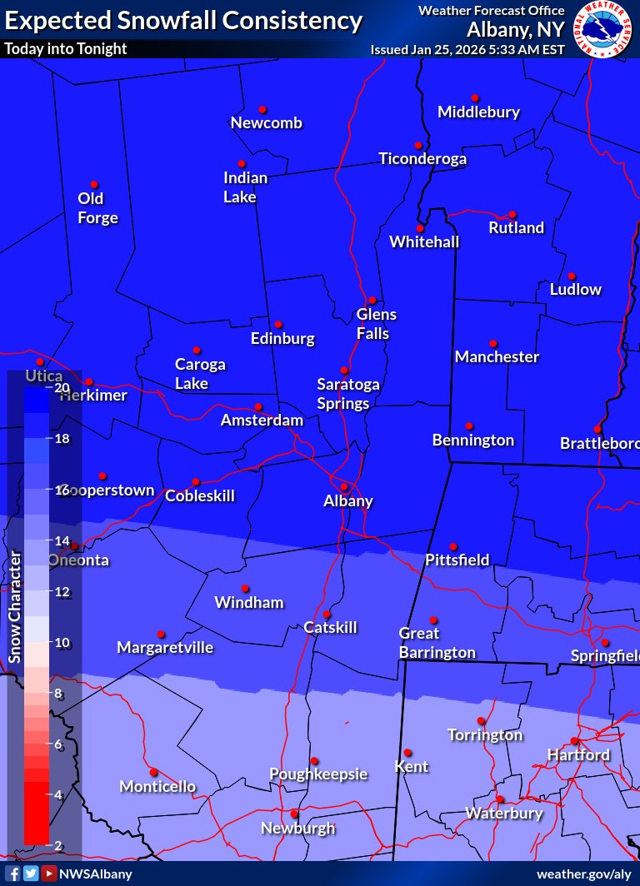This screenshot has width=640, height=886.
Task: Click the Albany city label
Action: click(x=348, y=501)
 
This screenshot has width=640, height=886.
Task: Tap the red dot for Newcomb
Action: click(x=262, y=110)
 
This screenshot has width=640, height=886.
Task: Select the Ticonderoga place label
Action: click(x=422, y=158)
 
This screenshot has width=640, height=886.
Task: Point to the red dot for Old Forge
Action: click(x=94, y=185)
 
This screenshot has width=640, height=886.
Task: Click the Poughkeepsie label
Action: click(x=318, y=774)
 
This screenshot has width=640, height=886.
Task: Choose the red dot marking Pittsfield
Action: click(x=453, y=547)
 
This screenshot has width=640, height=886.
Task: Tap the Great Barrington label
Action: click(x=437, y=643)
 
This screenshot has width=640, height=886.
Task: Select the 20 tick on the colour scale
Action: click(x=62, y=387)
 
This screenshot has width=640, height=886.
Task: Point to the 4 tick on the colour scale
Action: click(x=59, y=794)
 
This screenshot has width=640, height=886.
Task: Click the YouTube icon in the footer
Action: click(x=49, y=874)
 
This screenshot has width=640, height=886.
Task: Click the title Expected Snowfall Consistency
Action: click(x=183, y=21)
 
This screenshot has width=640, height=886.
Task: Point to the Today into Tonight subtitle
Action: click(x=66, y=48)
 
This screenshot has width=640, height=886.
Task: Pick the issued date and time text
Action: click(x=467, y=49)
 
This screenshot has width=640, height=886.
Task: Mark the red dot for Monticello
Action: click(x=153, y=772)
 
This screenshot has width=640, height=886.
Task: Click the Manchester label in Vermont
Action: click(x=497, y=356)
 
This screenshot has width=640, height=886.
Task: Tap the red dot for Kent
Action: click(x=408, y=753)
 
